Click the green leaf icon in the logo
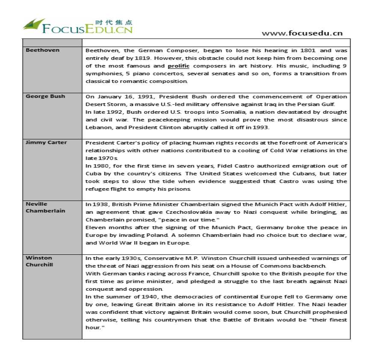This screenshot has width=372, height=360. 33,25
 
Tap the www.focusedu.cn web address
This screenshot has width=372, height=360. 302,33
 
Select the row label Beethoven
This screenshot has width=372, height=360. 42,50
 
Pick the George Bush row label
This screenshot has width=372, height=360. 45,96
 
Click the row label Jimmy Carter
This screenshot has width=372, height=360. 46,142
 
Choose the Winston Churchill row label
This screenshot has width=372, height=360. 39,261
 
